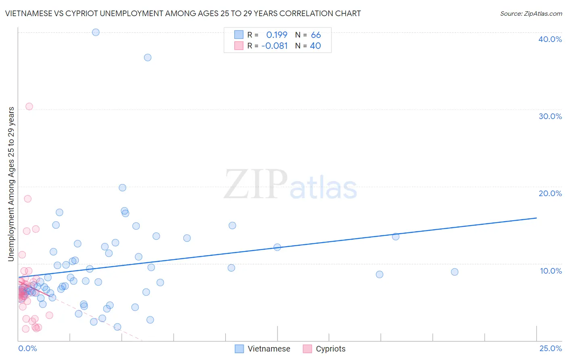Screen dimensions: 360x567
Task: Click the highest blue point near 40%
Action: [96, 32]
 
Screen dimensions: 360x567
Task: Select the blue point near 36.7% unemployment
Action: [148, 57]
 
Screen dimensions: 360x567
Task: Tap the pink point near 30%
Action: [29, 107]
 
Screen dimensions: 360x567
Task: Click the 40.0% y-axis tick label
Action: [550, 39]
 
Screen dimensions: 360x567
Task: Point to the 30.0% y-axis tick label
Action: [550, 116]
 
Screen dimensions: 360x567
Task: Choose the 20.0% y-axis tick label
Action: [550, 193]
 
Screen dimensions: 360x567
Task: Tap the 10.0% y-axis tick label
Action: [551, 271]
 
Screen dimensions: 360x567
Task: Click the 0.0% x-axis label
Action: [27, 348]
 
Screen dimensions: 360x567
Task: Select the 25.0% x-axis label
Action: [550, 348]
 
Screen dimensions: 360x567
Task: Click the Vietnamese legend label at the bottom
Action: [269, 349]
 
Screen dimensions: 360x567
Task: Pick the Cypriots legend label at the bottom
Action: [330, 349]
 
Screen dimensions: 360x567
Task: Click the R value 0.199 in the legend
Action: [277, 35]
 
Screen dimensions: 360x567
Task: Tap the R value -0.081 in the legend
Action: [275, 46]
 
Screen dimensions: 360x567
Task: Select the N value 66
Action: [316, 35]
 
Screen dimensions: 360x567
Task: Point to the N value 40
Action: [315, 46]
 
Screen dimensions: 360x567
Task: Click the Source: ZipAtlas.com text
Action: [531, 14]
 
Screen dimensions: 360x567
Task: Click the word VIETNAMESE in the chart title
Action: [29, 14]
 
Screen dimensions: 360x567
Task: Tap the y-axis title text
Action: [11, 184]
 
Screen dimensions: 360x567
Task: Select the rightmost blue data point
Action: [454, 272]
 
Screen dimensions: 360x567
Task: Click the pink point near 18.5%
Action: [27, 199]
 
